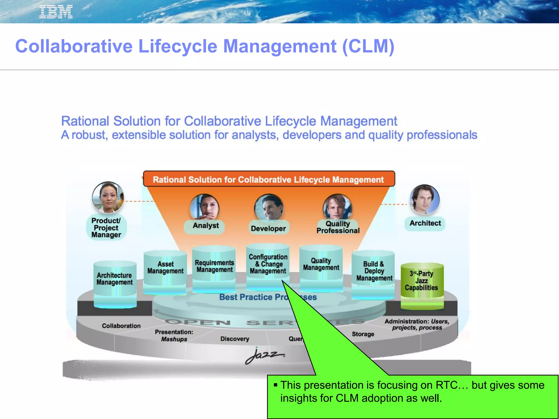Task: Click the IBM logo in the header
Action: pyautogui.click(x=56, y=12)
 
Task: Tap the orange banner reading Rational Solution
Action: pyautogui.click(x=269, y=179)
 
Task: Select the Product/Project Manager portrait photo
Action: pyautogui.click(x=108, y=197)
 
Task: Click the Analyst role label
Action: pyautogui.click(x=206, y=226)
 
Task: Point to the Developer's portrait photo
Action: pyautogui.click(x=269, y=207)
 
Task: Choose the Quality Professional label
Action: pyautogui.click(x=338, y=227)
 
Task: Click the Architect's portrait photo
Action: pyautogui.click(x=424, y=199)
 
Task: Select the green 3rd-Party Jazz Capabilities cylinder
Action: pyautogui.click(x=422, y=284)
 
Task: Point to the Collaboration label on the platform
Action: pyautogui.click(x=121, y=326)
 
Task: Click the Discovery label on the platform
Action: pyautogui.click(x=235, y=339)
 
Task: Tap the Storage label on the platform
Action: pyautogui.click(x=363, y=334)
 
